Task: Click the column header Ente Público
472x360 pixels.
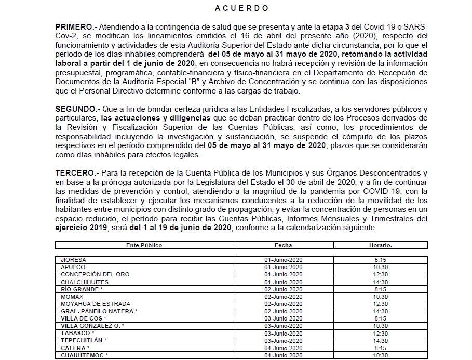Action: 144,245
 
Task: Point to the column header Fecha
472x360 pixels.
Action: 283,245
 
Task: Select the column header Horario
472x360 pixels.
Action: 380,245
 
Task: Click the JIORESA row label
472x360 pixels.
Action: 73,260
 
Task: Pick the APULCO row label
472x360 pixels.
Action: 73,267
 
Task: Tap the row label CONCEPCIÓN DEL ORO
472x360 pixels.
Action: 95,274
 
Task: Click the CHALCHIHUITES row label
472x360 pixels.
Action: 85,282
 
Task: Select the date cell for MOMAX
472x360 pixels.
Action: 283,297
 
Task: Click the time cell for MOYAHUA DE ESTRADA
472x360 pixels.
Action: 381,304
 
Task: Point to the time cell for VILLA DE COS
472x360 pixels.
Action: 381,318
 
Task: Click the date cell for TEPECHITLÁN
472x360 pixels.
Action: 283,341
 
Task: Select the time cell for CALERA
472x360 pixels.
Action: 381,348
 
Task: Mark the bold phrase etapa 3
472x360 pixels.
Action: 337,26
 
